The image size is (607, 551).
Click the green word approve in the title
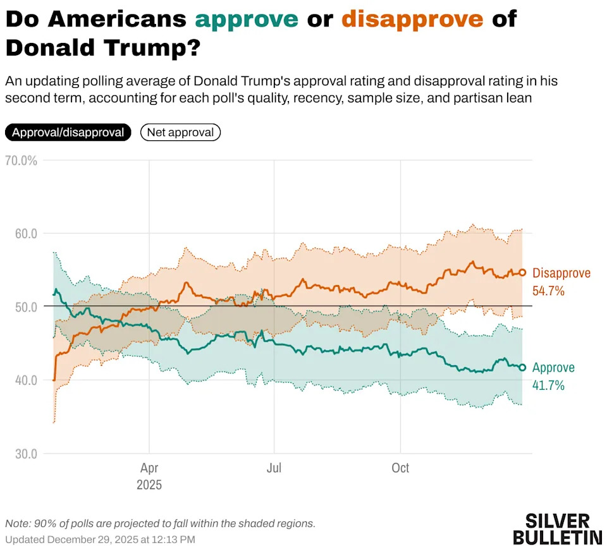pos(247,19)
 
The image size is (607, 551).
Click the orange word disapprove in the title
pos(412,19)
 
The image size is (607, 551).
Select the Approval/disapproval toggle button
pos(68,133)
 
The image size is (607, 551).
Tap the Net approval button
pos(180,133)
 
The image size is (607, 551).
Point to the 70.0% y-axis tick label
pos(21,160)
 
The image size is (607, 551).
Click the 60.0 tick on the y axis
pos(26,234)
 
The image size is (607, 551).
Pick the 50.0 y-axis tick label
pos(26,307)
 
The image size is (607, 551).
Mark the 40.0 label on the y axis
pos(26,380)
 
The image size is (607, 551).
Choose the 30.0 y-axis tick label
pos(26,454)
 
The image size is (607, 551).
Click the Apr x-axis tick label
pos(149,468)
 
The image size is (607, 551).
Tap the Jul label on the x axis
pos(274,468)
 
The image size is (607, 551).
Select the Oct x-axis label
pos(400,468)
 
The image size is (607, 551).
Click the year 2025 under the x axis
pos(149,485)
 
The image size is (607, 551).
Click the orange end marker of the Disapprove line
pos(522,273)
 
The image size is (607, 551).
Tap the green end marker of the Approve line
pos(522,367)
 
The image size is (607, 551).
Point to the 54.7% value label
pos(548,291)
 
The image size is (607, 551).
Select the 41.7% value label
pos(548,385)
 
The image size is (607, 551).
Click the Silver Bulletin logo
pos(557,529)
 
